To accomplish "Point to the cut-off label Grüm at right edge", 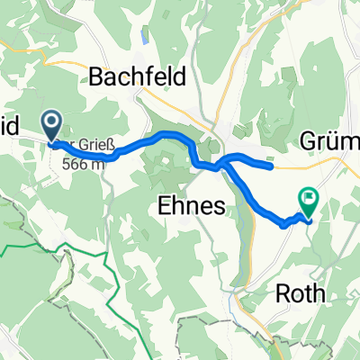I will point(329,141).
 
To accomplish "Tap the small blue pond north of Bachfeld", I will point(143,39).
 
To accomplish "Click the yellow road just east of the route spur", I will point(297,166).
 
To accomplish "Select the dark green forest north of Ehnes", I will point(166,162).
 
